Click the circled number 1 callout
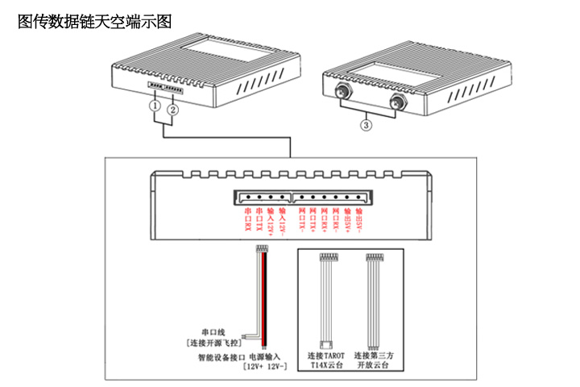153,106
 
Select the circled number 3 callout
367,125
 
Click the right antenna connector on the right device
396,102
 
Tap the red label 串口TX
259,221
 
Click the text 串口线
214,331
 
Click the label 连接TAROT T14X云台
326,360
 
